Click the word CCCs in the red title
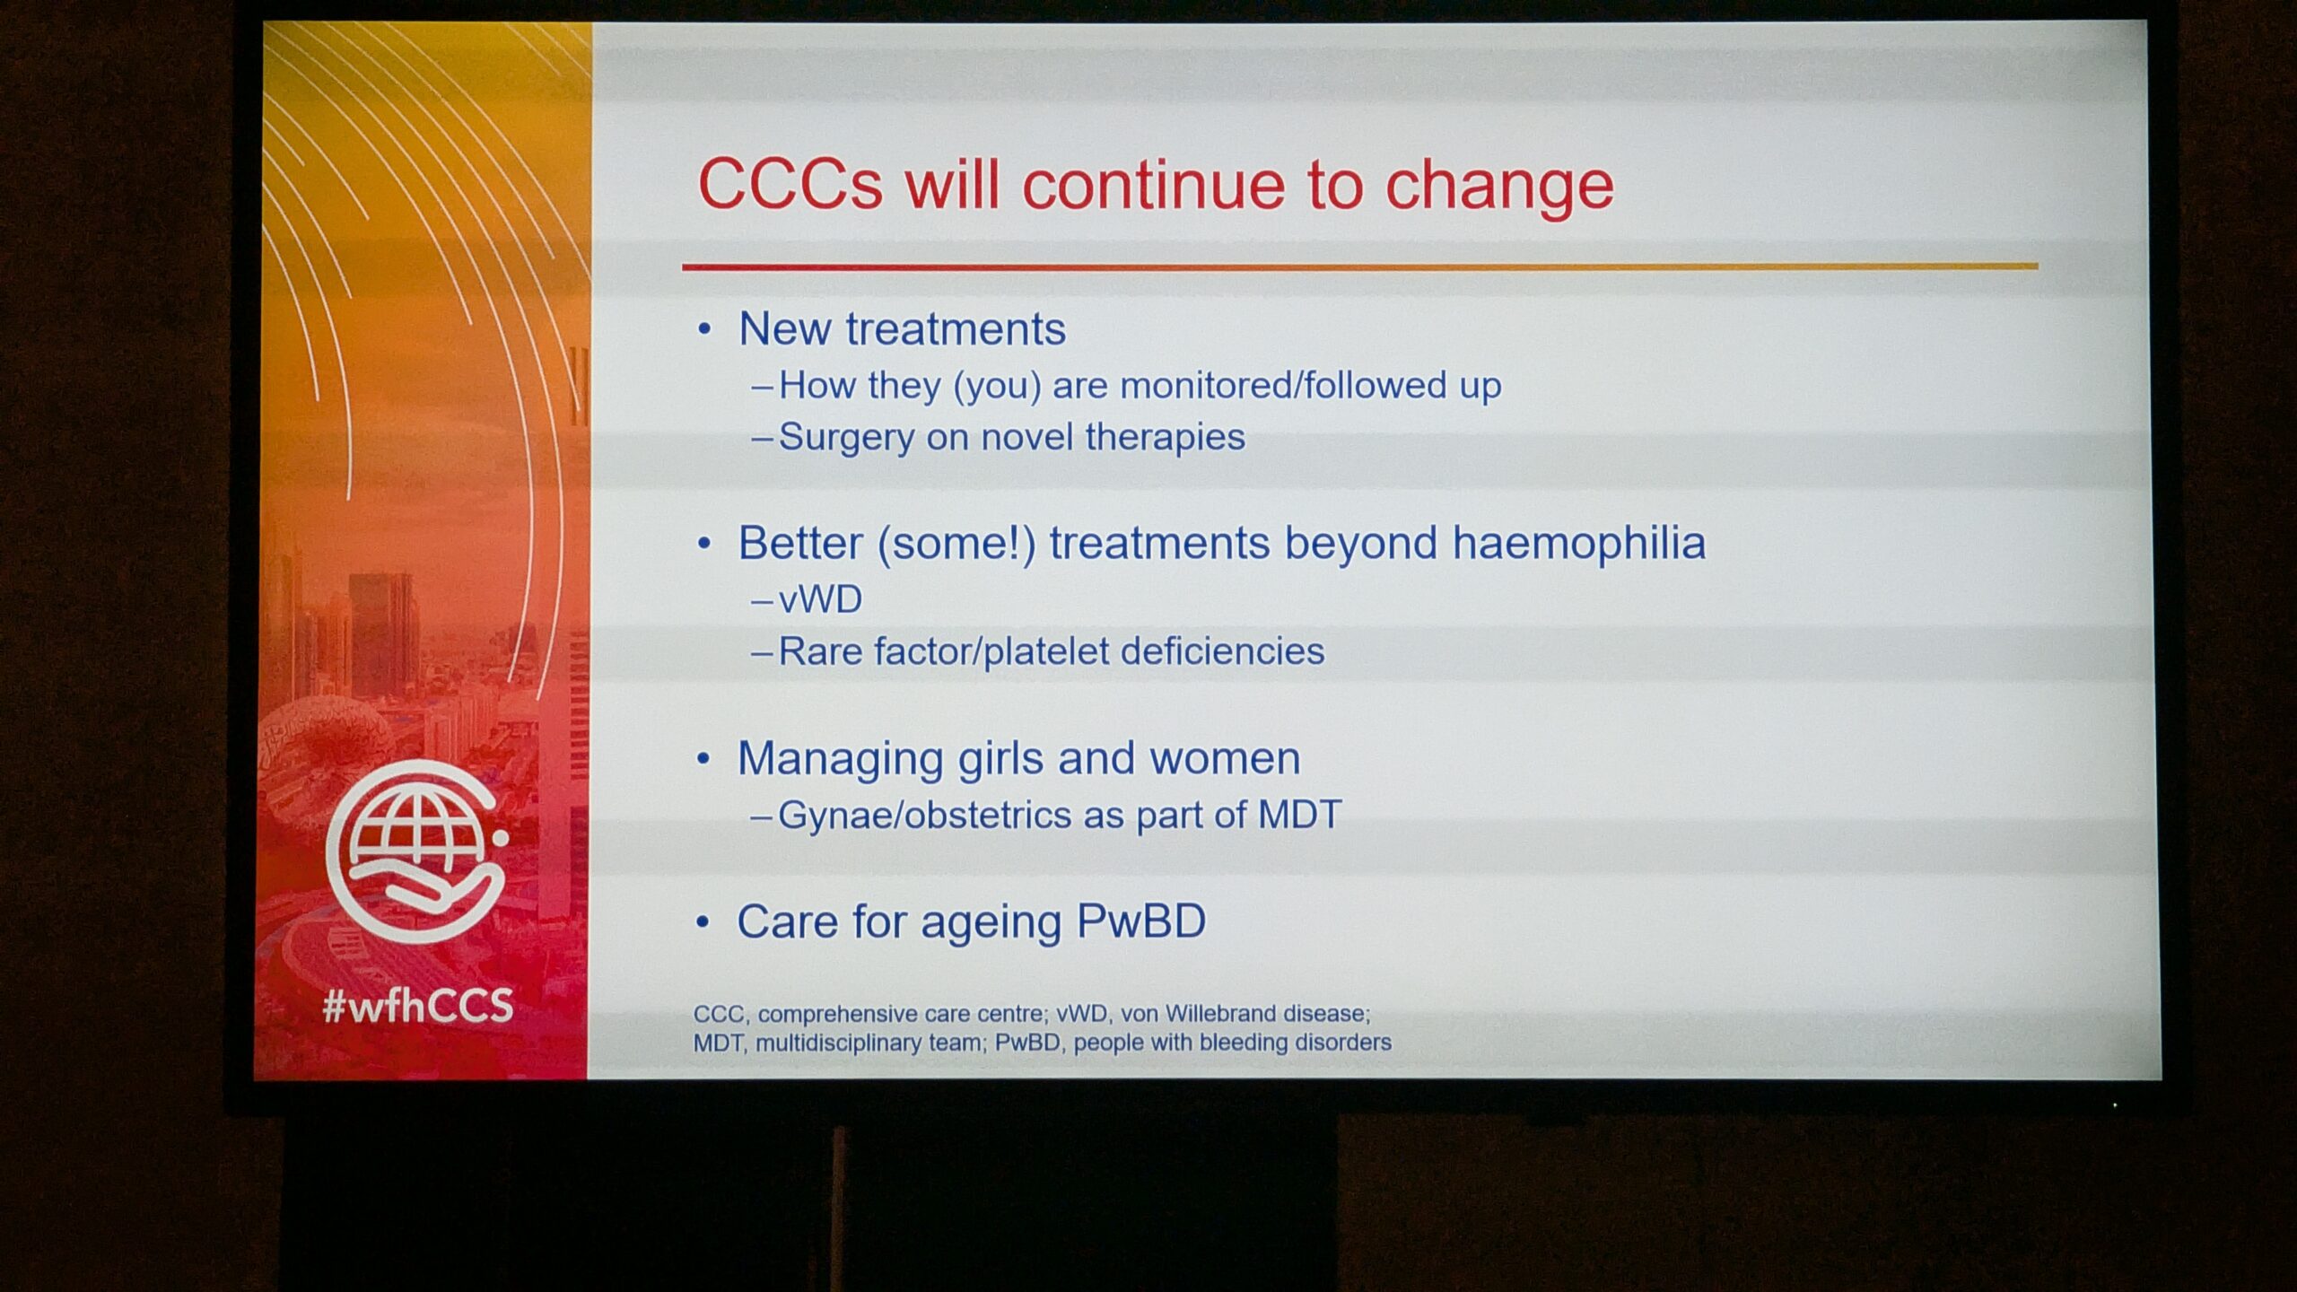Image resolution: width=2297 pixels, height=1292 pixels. [x=790, y=185]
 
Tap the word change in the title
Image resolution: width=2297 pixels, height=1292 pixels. [x=1499, y=186]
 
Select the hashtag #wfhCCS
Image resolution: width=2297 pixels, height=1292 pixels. [x=418, y=1006]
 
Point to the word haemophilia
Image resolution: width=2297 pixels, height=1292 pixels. [x=1579, y=543]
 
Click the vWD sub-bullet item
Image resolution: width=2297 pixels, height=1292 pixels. [x=820, y=599]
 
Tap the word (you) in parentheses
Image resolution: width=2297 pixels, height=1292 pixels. [x=997, y=387]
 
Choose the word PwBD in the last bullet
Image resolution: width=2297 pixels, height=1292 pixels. [x=1141, y=921]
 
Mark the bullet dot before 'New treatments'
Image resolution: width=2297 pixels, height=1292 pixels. [x=704, y=329]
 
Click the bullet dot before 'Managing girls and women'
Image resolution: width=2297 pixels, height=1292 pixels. [x=703, y=759]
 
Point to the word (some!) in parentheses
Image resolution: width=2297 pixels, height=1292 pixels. [x=956, y=544]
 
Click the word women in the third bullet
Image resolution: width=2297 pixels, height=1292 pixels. [x=1225, y=759]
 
